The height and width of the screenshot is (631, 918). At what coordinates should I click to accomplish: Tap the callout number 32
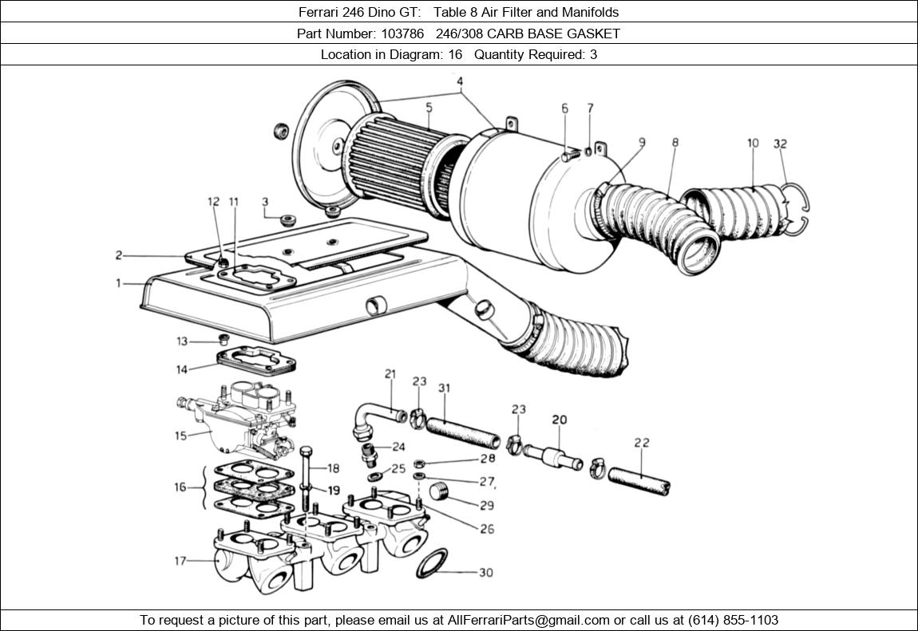tap(780, 144)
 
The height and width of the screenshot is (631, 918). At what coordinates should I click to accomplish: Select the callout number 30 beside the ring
tap(485, 573)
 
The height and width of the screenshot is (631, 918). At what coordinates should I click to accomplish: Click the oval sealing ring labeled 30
tap(432, 563)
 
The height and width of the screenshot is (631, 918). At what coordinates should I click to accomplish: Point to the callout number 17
tap(180, 562)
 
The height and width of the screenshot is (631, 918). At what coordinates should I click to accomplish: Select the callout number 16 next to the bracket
tap(180, 487)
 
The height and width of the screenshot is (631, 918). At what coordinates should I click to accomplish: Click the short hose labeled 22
tap(639, 478)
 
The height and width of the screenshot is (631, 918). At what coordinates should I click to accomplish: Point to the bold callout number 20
tap(559, 420)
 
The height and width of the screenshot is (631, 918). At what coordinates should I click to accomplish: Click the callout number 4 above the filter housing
tap(460, 81)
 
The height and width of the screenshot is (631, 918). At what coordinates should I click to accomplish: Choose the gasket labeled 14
tap(256, 361)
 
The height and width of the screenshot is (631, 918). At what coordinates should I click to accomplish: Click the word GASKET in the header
tap(594, 34)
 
